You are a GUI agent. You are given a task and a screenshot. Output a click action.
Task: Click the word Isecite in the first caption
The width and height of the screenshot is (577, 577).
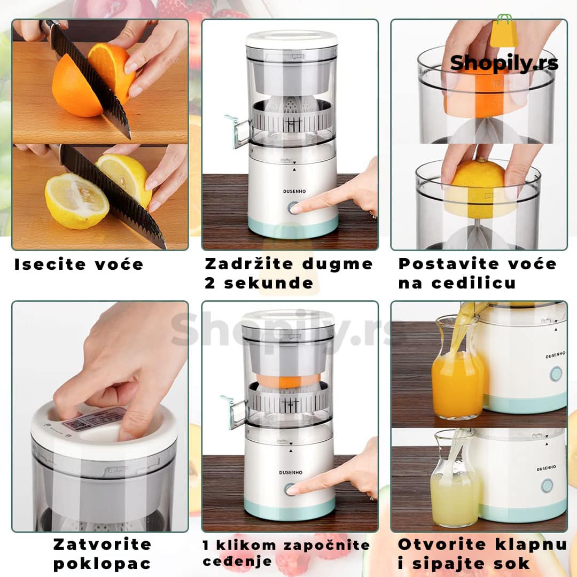[50, 264]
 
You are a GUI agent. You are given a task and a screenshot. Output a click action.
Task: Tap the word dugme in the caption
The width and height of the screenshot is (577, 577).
[337, 265]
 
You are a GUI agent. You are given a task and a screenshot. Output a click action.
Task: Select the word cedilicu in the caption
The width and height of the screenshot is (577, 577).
[473, 283]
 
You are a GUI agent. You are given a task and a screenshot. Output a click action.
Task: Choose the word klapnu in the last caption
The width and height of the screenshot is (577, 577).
[531, 544]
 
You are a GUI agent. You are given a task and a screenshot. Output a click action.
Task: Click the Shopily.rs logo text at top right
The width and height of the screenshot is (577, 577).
[504, 63]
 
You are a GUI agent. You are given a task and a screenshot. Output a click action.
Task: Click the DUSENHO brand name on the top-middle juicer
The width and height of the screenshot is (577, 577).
[294, 191]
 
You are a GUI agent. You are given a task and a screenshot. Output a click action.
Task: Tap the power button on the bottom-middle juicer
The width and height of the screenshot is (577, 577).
[290, 489]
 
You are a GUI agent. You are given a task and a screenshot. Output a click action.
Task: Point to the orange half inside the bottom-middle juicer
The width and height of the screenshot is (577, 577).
[288, 380]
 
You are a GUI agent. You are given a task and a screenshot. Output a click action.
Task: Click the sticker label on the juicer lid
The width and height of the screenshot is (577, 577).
[98, 419]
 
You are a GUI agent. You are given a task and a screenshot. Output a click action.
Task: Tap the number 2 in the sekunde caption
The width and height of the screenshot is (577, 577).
[210, 283]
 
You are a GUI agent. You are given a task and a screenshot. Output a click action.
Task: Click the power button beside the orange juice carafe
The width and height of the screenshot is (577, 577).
[556, 374]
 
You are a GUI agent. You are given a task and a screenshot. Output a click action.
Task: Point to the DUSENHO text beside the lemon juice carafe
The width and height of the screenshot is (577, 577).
[546, 469]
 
